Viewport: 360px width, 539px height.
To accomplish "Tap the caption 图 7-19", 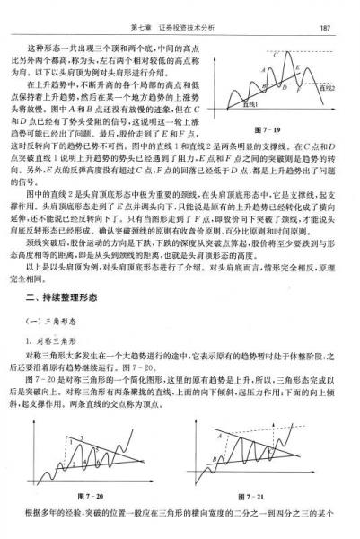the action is point(281,131).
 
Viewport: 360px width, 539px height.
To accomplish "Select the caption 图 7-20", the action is point(93,496).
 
